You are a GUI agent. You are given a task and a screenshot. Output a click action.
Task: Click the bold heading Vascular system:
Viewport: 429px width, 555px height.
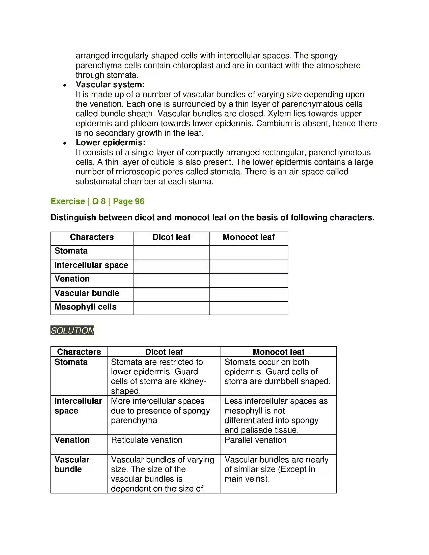tap(110, 85)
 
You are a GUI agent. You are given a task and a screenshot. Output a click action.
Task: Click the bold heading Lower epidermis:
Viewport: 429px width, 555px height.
tap(110, 143)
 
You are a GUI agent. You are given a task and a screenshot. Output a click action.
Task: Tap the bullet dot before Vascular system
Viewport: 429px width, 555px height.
tap(65, 85)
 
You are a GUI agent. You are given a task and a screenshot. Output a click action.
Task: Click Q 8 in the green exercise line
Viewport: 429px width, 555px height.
tap(99, 201)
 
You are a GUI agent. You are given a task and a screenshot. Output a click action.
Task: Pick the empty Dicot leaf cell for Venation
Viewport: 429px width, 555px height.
tap(171, 281)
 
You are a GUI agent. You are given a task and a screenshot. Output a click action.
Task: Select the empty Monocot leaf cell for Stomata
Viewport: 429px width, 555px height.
tap(249, 252)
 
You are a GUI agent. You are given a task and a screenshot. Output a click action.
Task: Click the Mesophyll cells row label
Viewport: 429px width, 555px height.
tap(85, 307)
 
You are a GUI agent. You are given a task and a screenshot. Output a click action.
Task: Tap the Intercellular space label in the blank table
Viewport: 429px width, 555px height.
tap(91, 265)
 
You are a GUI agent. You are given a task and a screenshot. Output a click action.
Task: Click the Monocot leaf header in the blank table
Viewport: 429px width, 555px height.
tap(249, 237)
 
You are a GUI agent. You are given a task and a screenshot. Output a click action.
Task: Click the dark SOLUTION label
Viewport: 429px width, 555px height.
tap(72, 330)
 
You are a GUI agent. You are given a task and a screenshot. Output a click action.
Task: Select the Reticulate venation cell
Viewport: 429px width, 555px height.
tap(147, 440)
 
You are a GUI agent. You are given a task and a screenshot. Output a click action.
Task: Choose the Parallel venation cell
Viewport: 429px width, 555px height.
tap(255, 440)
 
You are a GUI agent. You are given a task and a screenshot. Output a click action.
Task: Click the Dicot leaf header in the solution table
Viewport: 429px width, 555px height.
tap(164, 352)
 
